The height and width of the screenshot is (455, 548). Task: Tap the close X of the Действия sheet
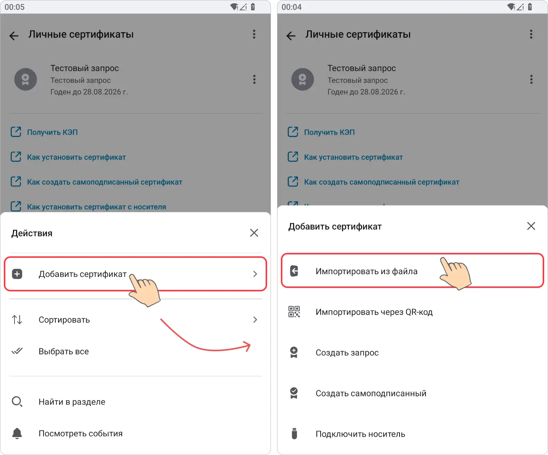pos(254,233)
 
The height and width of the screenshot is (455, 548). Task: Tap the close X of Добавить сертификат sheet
pos(531,226)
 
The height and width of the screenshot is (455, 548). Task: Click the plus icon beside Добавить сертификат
pos(17,274)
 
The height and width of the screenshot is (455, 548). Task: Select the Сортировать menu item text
pos(64,320)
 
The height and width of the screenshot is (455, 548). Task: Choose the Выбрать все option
pos(64,351)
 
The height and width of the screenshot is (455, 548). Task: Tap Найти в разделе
pos(72,402)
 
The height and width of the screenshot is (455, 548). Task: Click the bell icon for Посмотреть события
pos(17,433)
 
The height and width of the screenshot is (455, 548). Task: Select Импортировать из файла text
pos(366,271)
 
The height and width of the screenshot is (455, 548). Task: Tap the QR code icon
pos(294,312)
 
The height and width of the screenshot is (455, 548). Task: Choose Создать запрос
pos(347,353)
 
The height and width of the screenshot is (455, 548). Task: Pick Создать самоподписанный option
pos(371,393)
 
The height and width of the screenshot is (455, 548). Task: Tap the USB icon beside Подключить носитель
pos(294,434)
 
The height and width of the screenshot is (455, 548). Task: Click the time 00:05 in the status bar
pos(15,7)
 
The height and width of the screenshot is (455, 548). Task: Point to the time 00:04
pos(292,7)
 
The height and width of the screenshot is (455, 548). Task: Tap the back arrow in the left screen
pos(14,36)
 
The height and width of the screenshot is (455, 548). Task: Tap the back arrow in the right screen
pos(291,36)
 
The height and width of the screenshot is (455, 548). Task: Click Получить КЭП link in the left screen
pos(52,132)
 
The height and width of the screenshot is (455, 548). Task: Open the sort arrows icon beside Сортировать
pos(17,320)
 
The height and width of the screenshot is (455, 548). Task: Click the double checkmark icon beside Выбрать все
pos(17,351)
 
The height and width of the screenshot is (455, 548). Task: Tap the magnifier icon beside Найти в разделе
pos(17,402)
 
